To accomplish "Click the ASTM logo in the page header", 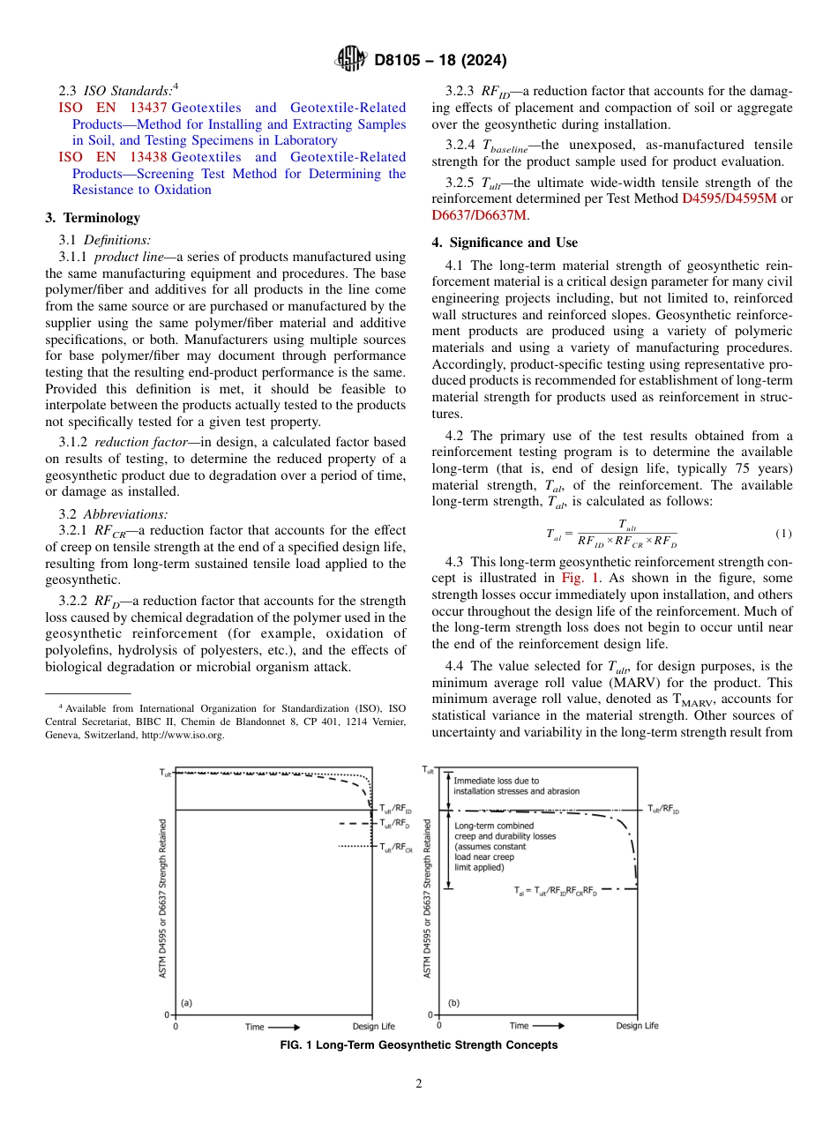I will tap(351, 60).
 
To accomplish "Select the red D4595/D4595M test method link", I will tap(730, 198).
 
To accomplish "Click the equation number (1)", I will tap(783, 534).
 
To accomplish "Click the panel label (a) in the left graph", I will tap(187, 1003).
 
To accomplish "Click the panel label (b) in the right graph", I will tap(453, 1003).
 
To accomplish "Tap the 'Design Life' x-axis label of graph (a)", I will tap(373, 1027).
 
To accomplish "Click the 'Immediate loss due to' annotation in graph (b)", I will tap(496, 781).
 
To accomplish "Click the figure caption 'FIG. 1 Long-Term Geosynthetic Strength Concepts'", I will tap(418, 1044).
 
